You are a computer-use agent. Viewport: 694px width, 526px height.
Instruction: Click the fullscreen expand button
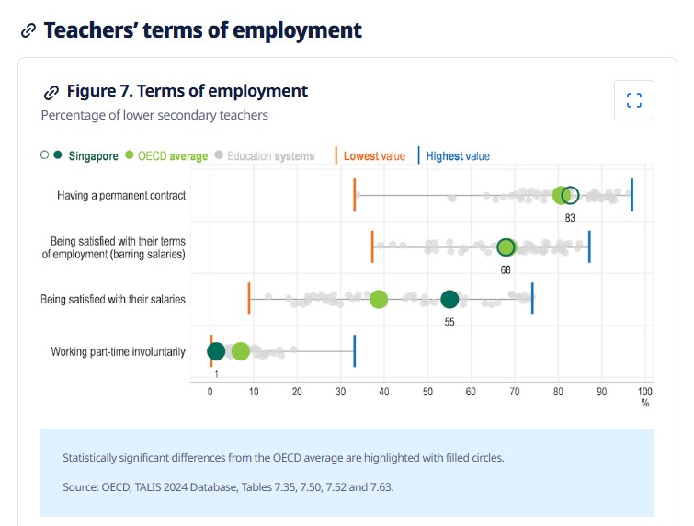tap(633, 100)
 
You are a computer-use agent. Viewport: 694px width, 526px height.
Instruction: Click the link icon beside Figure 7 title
tap(51, 92)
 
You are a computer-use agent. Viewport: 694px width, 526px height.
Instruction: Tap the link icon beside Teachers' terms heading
tap(28, 30)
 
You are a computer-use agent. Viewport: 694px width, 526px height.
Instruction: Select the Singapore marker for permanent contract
tap(570, 195)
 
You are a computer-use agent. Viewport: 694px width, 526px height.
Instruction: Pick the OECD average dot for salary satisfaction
tap(378, 299)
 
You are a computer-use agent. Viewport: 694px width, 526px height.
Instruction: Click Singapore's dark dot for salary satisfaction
tap(449, 299)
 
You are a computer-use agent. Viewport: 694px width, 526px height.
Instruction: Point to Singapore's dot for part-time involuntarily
tap(216, 351)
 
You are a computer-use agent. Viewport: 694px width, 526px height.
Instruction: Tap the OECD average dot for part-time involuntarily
tap(240, 351)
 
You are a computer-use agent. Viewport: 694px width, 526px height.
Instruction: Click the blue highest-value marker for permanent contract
tap(631, 195)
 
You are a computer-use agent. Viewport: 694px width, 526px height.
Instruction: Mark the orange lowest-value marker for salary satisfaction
tap(249, 299)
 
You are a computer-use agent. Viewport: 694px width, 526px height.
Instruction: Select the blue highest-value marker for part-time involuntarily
tap(355, 351)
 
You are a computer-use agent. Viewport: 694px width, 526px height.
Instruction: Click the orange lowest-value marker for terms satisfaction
tap(372, 246)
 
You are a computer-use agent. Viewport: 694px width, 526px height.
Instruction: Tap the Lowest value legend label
tap(373, 156)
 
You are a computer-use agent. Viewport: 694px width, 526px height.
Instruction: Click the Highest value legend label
tap(458, 156)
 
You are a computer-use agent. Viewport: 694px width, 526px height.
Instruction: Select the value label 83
tap(570, 217)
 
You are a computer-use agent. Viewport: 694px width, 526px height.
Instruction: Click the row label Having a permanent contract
tap(121, 195)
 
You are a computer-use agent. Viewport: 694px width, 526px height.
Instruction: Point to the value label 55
tap(449, 321)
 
